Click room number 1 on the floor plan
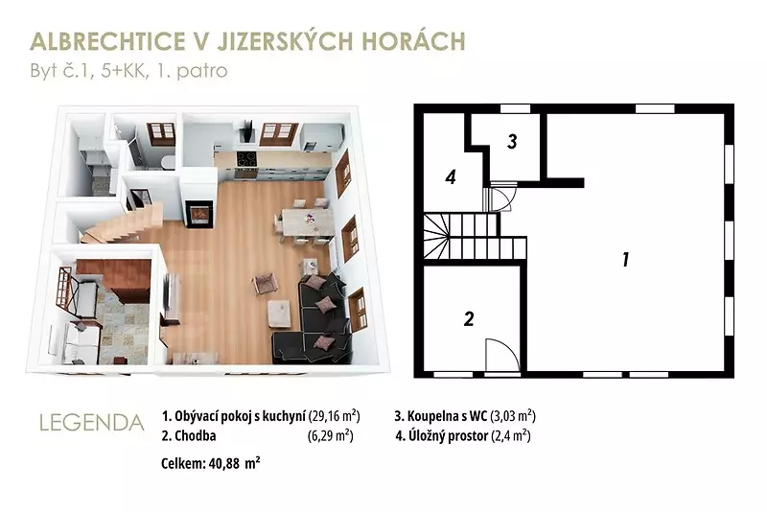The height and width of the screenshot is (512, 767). [625, 259]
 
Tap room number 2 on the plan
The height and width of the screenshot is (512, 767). [469, 319]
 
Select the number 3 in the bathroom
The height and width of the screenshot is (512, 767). [512, 141]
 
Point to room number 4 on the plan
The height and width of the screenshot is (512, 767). [451, 177]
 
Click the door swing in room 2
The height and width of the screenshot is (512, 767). [502, 355]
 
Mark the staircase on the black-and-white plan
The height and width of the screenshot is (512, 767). [475, 237]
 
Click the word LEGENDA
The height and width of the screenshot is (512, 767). [91, 423]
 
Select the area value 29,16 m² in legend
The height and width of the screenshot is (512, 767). [335, 416]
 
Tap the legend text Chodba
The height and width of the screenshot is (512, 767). [196, 435]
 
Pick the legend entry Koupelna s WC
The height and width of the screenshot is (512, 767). [447, 416]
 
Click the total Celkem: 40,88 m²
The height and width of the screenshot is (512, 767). [210, 462]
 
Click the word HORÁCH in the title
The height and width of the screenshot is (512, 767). [413, 41]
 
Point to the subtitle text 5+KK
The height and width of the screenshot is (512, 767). [124, 71]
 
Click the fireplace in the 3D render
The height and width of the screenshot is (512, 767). [199, 214]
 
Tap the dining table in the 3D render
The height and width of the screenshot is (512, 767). [306, 221]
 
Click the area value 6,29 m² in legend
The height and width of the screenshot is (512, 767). [331, 435]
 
